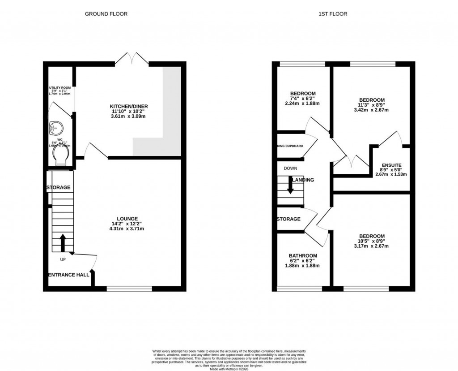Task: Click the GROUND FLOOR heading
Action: click(x=106, y=14)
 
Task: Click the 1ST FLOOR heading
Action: click(x=332, y=14)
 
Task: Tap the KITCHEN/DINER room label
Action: click(x=129, y=106)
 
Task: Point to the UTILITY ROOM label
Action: click(x=60, y=88)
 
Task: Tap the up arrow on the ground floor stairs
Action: click(x=62, y=242)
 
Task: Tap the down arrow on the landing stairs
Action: click(x=290, y=185)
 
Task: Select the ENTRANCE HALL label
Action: click(x=68, y=275)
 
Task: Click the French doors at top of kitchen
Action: click(x=133, y=58)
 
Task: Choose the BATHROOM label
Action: click(x=303, y=256)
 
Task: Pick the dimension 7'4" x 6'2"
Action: click(x=302, y=98)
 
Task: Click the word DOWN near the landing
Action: click(x=290, y=168)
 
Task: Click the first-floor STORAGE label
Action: click(x=288, y=219)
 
